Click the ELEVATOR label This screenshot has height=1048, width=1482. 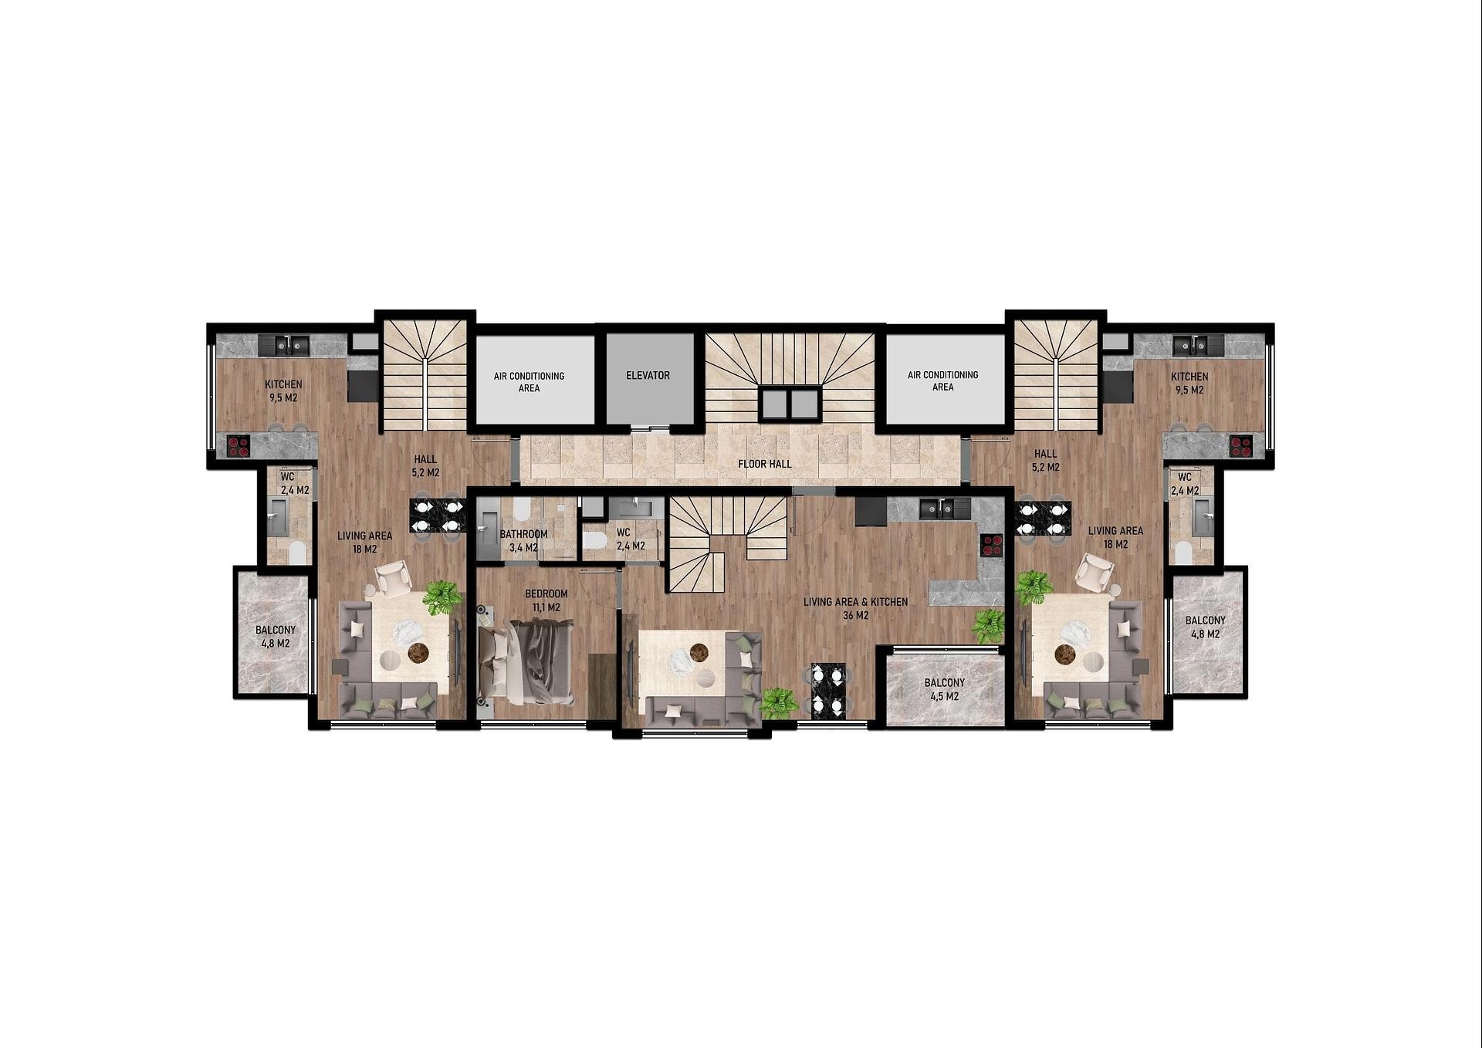(648, 376)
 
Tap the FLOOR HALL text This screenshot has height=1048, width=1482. (764, 464)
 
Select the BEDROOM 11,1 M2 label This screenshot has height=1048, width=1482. (546, 600)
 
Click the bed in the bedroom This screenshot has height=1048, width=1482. (526, 663)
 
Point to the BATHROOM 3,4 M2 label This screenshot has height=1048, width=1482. (523, 541)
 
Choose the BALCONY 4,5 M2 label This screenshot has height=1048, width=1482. (944, 689)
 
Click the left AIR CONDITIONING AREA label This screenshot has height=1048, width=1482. (529, 382)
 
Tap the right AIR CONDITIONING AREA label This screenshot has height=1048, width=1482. (942, 380)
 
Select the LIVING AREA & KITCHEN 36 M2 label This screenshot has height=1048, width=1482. (855, 608)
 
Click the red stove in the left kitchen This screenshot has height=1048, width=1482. (239, 445)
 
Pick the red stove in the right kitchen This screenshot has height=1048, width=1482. (1241, 444)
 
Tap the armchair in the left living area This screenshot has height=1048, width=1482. (394, 578)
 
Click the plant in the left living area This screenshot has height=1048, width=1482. (442, 597)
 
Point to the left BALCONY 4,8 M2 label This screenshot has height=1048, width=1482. (276, 636)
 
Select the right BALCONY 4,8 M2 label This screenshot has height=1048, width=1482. (1205, 627)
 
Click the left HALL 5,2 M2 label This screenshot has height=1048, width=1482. (425, 465)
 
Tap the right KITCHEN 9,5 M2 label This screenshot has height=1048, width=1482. (1189, 383)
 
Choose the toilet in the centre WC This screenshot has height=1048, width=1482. (595, 539)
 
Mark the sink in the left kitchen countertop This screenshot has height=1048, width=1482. (283, 345)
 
